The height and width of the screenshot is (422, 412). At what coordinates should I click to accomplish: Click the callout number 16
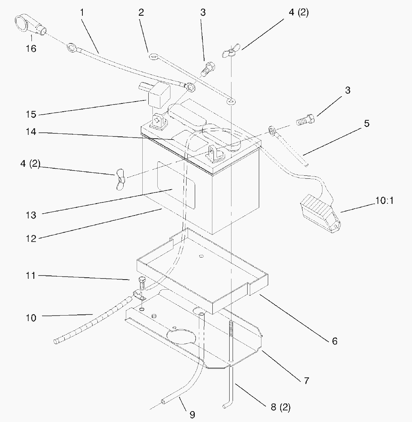point(31,48)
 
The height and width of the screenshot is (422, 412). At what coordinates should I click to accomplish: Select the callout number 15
point(31,114)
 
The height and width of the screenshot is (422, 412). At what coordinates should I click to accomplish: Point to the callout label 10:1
point(384,201)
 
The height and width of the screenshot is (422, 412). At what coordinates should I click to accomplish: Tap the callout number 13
point(31,215)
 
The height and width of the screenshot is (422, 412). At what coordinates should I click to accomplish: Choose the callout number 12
point(31,238)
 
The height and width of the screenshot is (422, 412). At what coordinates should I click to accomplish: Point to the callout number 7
point(306,381)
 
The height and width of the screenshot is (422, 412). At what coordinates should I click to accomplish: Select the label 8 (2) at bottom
point(280,407)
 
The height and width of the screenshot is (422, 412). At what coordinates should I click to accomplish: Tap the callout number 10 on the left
point(31,318)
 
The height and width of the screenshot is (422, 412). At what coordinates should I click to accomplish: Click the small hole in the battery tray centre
point(201,256)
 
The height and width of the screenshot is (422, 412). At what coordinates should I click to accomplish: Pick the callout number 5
point(367,123)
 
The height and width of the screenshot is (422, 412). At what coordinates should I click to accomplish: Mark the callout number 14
point(31,133)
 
